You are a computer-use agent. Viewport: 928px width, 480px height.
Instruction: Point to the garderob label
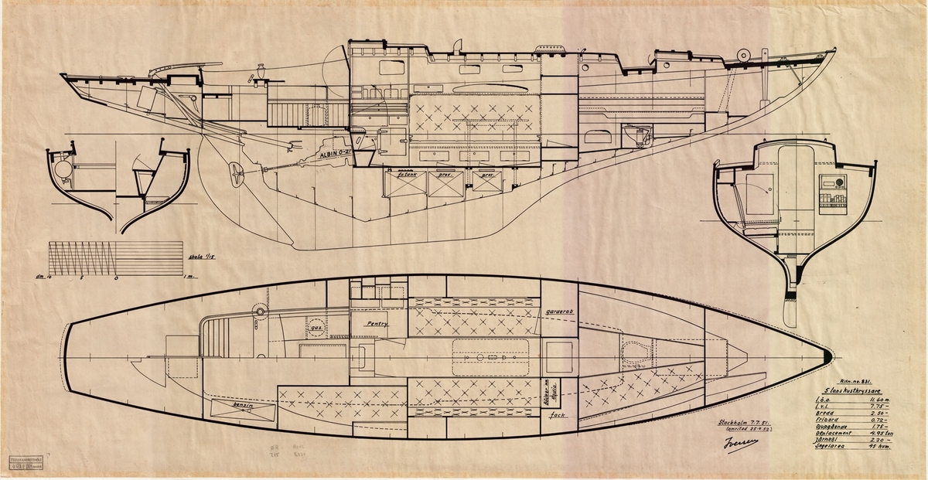click(x=560, y=312)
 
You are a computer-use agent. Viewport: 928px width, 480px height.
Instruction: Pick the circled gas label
click(x=316, y=328)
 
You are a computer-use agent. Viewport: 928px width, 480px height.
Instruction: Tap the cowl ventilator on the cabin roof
click(x=456, y=44)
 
